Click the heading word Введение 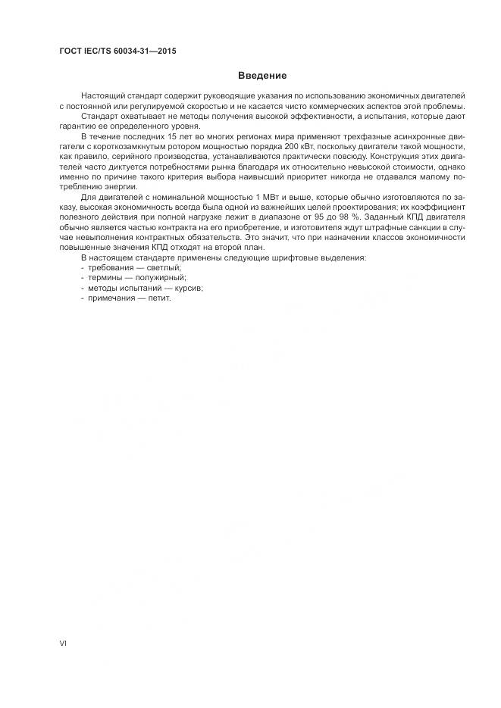[x=261, y=76]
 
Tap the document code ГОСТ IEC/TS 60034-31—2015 [x=117, y=51]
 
